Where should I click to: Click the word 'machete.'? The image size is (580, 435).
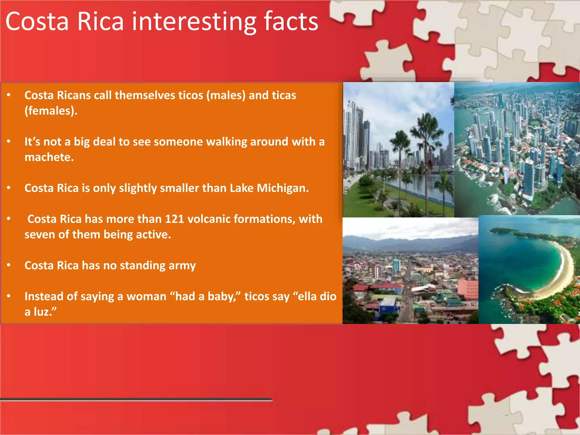49,157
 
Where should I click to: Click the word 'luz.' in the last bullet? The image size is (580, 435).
45,312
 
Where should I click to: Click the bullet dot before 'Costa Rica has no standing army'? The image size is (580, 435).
9,265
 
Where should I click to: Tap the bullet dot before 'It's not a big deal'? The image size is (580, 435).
9,141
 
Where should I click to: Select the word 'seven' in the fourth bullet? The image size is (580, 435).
39,235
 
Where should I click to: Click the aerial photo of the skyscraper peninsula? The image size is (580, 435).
517,149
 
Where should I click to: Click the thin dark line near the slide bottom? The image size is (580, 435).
136,399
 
